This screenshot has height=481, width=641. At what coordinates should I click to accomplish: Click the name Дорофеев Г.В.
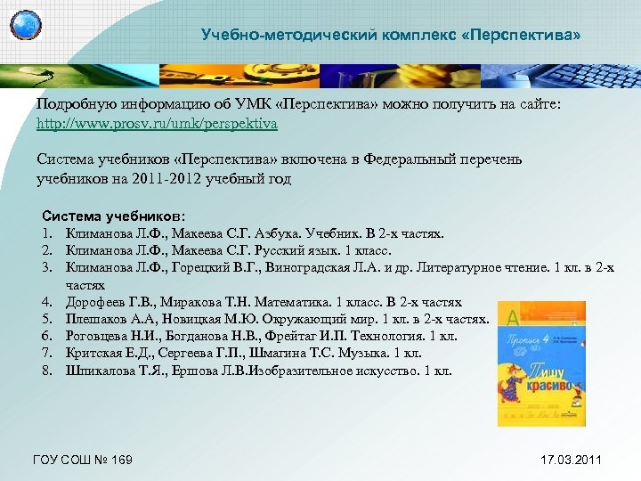click(x=110, y=302)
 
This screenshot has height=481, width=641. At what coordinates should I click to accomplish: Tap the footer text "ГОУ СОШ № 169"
click(x=82, y=460)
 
